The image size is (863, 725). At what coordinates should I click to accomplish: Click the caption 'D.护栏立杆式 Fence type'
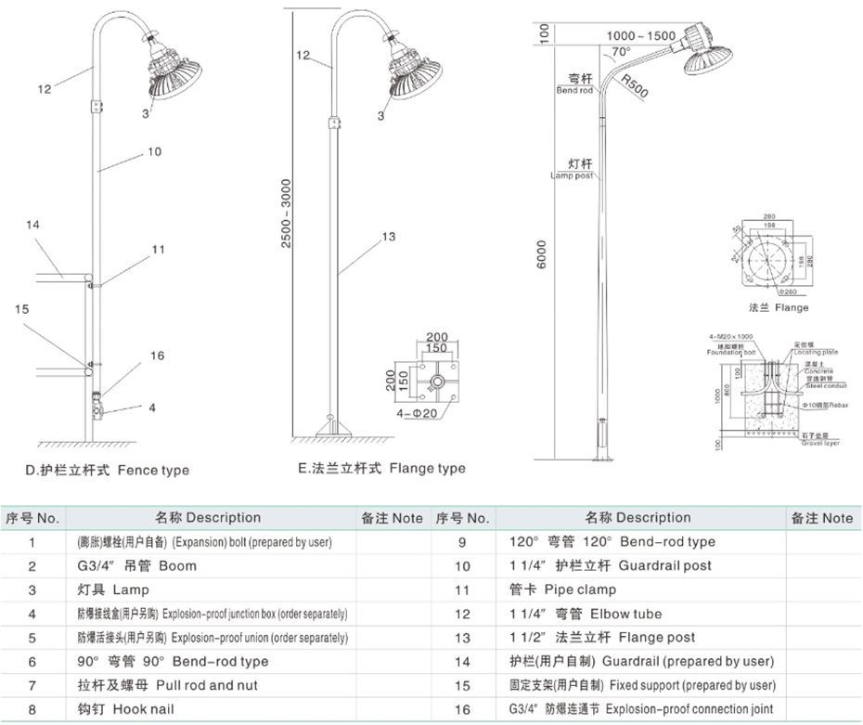pyautogui.click(x=109, y=470)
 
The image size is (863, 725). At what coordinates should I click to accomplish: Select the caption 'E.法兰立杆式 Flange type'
pyautogui.click(x=381, y=469)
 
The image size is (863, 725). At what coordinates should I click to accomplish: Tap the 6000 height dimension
pyautogui.click(x=540, y=252)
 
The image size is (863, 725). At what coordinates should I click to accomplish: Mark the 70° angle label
pyautogui.click(x=620, y=52)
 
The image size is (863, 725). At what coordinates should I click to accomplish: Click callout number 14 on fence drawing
pyautogui.click(x=33, y=226)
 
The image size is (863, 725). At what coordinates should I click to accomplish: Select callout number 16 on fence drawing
pyautogui.click(x=157, y=356)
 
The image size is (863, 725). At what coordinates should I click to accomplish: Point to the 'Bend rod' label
pyautogui.click(x=573, y=85)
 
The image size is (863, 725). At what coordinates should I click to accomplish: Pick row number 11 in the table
pyautogui.click(x=463, y=589)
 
